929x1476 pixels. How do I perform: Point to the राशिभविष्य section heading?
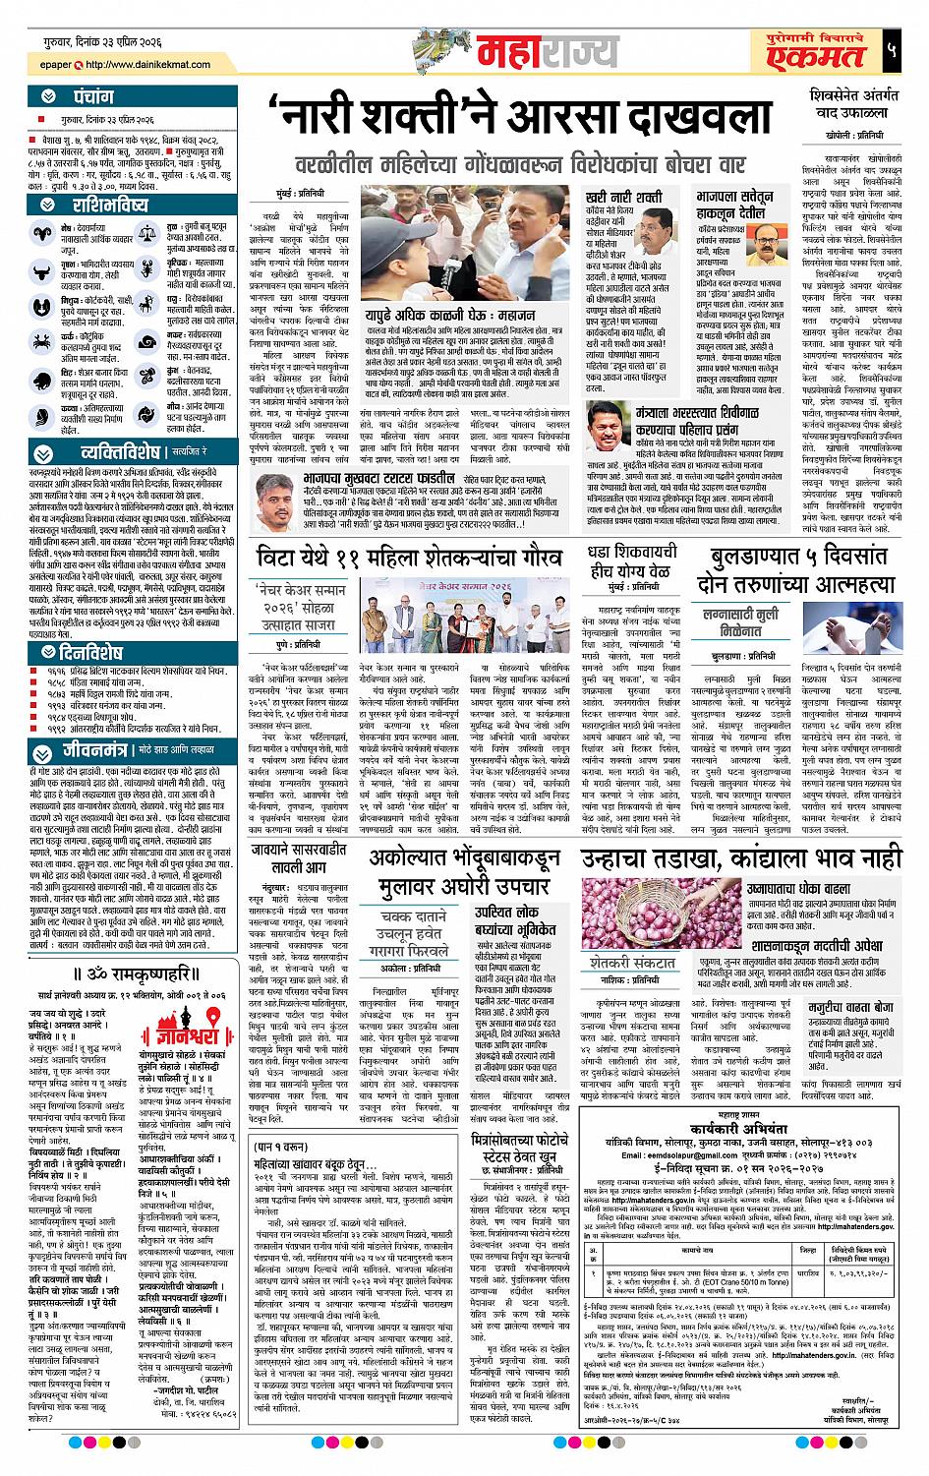pyautogui.click(x=109, y=205)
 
